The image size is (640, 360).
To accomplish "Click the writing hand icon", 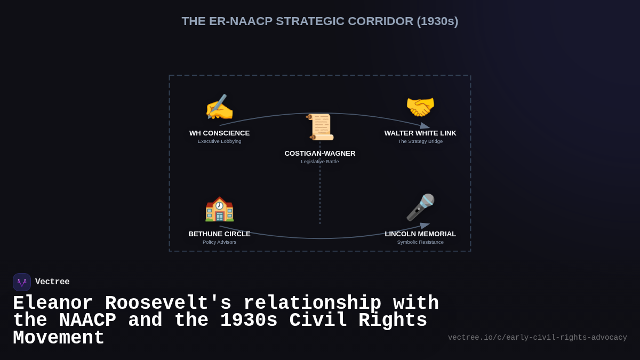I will [219, 107].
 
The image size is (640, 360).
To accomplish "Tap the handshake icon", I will [420, 107].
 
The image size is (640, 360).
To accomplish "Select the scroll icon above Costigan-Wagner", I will [320, 127].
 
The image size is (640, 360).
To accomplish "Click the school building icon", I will [219, 209].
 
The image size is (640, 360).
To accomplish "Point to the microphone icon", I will [420, 207].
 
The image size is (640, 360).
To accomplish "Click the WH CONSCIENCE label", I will [219, 133].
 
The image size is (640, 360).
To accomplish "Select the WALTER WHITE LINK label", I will [420, 133].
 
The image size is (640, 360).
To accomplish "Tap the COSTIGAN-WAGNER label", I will [320, 154].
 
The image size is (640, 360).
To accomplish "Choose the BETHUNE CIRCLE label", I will [219, 234].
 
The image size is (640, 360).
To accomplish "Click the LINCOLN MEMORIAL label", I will [420, 234].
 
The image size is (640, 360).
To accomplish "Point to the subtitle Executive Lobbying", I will [219, 141].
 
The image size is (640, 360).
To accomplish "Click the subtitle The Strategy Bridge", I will [420, 141].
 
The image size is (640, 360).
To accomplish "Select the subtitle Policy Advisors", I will [219, 242].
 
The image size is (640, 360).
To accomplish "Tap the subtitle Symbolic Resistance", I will [420, 242].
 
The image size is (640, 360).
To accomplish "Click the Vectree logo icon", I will [22, 282].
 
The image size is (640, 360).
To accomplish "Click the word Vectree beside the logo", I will [52, 282].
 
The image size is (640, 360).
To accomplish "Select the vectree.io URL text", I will [537, 338].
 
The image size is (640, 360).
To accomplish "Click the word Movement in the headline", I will [59, 338].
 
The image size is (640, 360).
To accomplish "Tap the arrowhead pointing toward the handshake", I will [425, 126].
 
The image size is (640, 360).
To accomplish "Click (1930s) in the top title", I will [437, 21].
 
